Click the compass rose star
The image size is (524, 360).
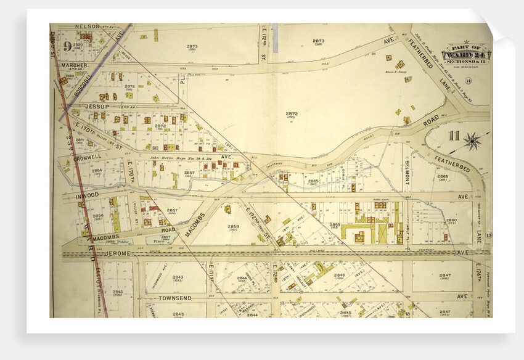click(473, 142)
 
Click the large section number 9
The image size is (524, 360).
click(67, 46)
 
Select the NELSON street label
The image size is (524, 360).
click(87, 27)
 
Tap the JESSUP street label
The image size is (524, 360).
click(97, 106)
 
